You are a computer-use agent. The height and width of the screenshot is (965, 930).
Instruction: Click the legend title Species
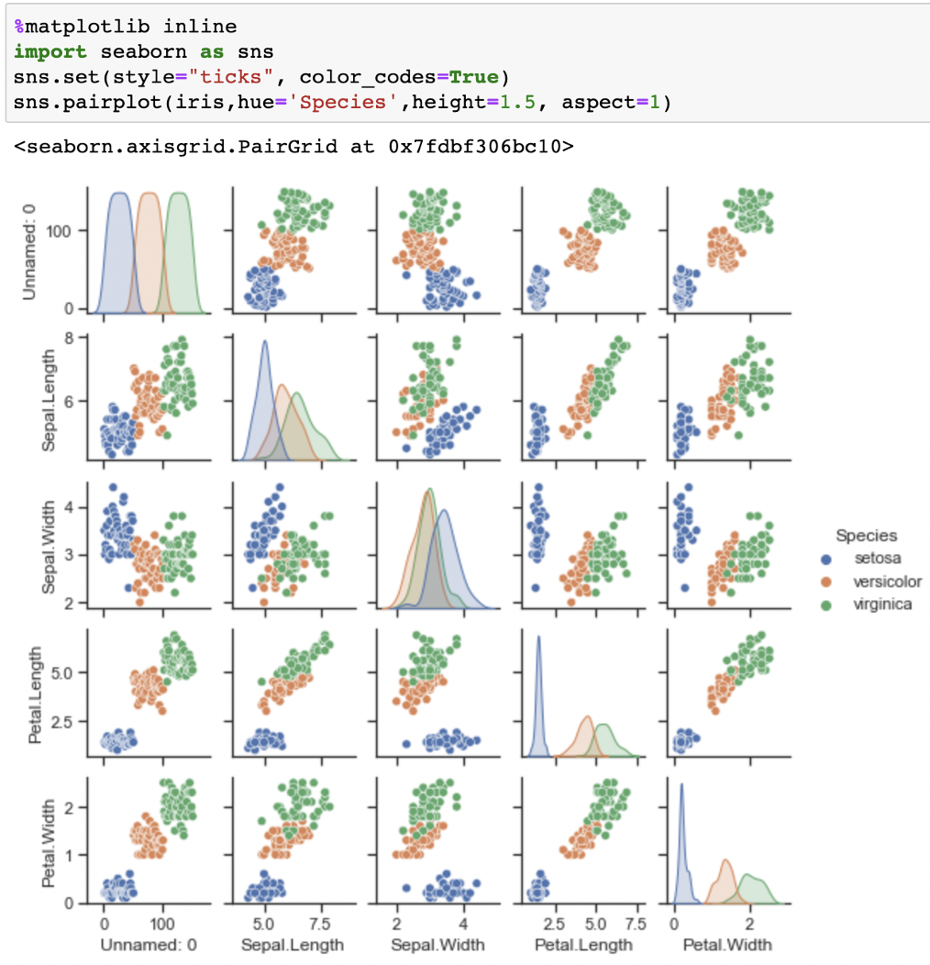[867, 535]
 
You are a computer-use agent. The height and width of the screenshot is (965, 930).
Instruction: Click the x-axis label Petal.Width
[727, 945]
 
